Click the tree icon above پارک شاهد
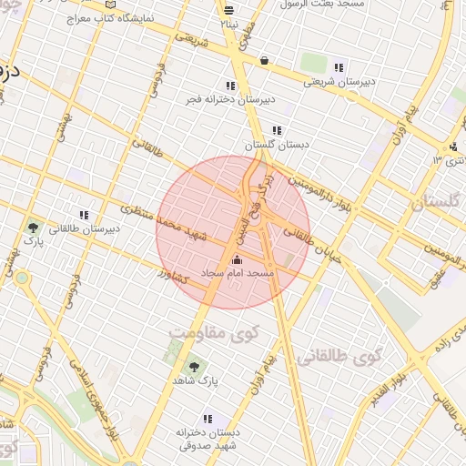click(x=193, y=367)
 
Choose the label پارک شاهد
click(x=193, y=382)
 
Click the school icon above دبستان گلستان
click(x=277, y=131)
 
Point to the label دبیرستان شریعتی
click(x=339, y=81)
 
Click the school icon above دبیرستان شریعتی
click(x=339, y=67)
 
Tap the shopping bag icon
click(x=264, y=61)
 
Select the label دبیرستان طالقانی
click(x=84, y=229)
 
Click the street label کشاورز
click(x=172, y=274)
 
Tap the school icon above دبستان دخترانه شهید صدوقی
click(x=208, y=420)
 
